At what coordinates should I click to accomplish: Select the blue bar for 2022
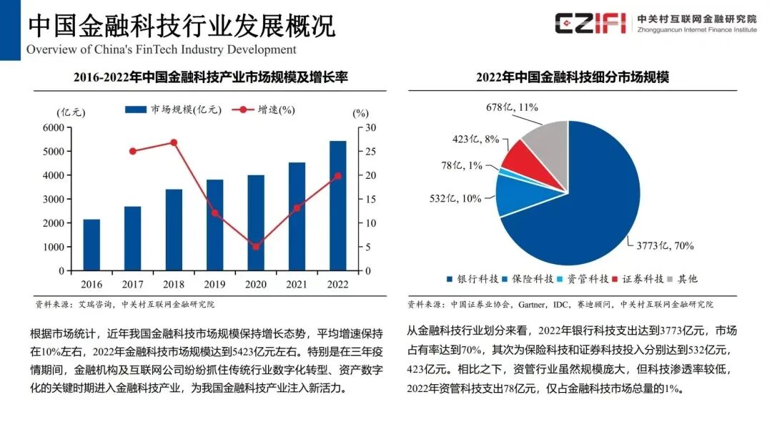[338, 206]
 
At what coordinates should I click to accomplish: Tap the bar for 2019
[214, 225]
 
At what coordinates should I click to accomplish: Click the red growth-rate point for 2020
[256, 247]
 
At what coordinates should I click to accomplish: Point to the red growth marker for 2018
[174, 142]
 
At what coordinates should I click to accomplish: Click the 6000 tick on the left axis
[54, 127]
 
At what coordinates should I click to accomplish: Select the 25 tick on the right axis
[371, 151]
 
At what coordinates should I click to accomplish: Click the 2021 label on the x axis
[297, 284]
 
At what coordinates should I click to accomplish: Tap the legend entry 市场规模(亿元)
[174, 110]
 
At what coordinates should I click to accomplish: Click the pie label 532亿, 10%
[455, 198]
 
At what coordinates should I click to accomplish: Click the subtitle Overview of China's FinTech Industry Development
[162, 49]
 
